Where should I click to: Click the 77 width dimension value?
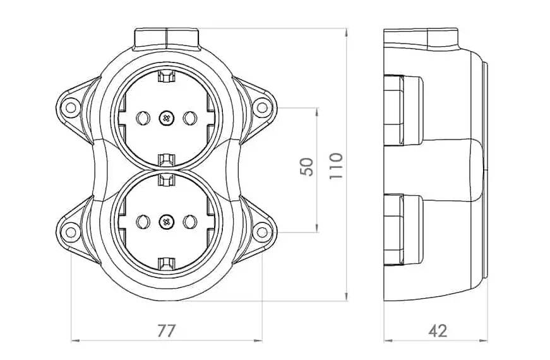pyautogui.click(x=166, y=330)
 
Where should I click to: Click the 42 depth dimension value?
pyautogui.click(x=438, y=330)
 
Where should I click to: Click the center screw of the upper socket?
pyautogui.click(x=166, y=117)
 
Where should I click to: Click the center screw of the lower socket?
pyautogui.click(x=166, y=221)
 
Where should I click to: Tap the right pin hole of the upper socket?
pyautogui.click(x=189, y=117)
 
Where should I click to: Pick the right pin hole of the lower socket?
pyautogui.click(x=189, y=221)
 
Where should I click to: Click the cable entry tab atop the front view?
pyautogui.click(x=166, y=37)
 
